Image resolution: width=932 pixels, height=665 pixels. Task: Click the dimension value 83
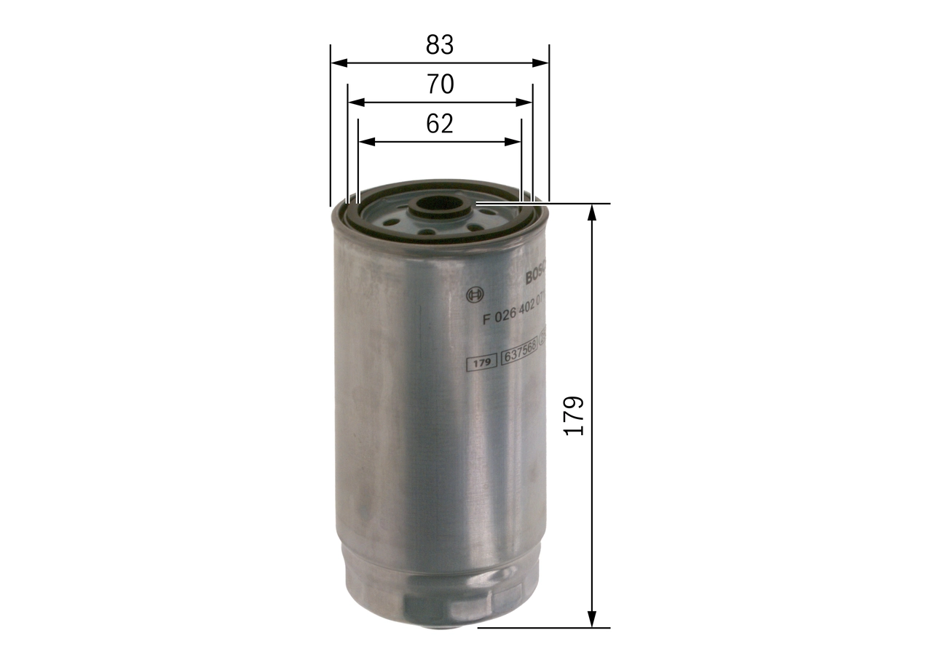point(440,45)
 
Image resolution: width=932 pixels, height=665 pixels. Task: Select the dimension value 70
point(440,85)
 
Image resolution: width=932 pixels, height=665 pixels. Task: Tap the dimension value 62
point(440,124)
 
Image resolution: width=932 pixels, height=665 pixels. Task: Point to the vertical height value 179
point(574,415)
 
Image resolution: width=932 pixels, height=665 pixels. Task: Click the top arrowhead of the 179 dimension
point(593,212)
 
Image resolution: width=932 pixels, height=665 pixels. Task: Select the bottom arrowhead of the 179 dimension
point(593,619)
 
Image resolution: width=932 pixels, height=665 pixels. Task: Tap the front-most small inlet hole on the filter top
point(427,232)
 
